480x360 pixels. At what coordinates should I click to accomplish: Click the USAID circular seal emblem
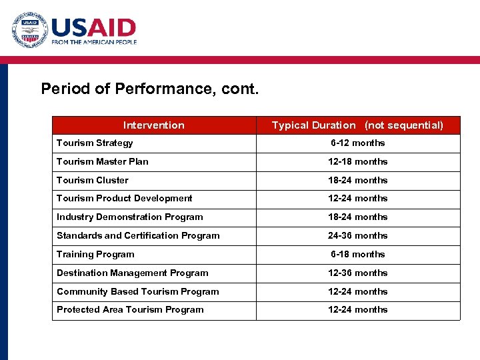click(x=29, y=31)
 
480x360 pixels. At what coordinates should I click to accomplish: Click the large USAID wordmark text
click(x=94, y=27)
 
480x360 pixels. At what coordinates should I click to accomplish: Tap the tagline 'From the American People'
click(x=94, y=42)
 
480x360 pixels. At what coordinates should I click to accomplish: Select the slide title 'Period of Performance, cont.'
click(x=149, y=89)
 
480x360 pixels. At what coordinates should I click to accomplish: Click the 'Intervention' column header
click(x=154, y=125)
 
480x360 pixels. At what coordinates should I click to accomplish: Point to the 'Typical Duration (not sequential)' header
click(x=357, y=125)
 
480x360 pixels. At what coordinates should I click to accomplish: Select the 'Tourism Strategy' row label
click(x=95, y=143)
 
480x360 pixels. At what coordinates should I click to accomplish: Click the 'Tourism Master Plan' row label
click(x=103, y=161)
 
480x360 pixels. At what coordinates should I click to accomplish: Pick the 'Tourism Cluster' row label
click(x=93, y=180)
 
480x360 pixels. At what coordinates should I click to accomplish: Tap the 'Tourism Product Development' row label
click(x=125, y=198)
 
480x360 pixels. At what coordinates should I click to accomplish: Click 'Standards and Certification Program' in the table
click(x=138, y=235)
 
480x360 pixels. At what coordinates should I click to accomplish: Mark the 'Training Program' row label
click(x=95, y=254)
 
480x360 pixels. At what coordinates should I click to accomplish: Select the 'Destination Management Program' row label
click(x=133, y=273)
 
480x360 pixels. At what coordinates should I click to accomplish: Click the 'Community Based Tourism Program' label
click(x=138, y=291)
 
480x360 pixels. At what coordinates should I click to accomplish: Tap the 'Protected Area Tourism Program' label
click(x=131, y=309)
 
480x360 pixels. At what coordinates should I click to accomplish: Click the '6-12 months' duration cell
click(x=358, y=143)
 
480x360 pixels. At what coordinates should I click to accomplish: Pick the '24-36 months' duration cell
click(x=358, y=235)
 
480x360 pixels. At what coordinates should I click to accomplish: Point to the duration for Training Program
click(x=358, y=254)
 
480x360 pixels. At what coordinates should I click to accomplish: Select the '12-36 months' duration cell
click(x=358, y=273)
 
